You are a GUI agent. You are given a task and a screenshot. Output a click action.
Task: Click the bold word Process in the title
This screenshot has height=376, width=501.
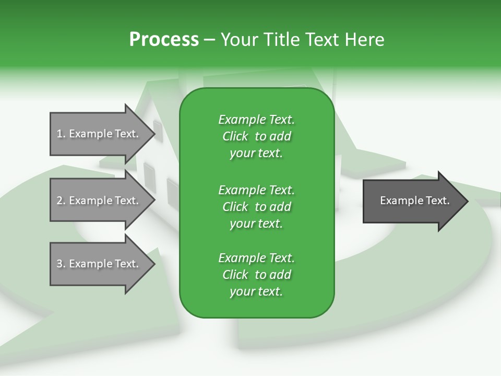click(164, 40)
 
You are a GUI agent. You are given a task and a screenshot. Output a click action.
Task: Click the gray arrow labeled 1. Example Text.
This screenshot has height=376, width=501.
click(103, 134)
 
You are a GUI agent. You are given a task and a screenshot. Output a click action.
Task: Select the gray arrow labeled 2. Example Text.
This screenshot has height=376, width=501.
click(103, 200)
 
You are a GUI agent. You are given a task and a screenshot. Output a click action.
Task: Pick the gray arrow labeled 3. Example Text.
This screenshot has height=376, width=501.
click(103, 264)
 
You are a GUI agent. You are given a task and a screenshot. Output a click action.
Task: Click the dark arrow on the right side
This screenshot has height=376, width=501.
click(416, 201)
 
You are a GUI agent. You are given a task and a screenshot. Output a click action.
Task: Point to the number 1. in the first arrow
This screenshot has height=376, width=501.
click(61, 134)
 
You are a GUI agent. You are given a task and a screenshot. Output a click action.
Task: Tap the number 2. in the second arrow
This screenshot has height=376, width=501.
click(61, 201)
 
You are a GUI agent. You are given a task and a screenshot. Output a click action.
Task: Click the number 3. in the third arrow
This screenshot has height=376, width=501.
click(61, 264)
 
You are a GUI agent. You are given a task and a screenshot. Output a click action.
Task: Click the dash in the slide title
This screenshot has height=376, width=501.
click(210, 40)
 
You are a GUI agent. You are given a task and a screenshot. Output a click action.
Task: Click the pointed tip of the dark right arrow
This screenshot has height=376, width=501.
click(468, 201)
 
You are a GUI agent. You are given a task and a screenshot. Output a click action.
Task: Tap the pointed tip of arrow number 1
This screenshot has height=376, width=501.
click(155, 134)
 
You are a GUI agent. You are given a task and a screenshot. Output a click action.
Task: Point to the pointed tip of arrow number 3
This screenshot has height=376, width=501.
click(155, 264)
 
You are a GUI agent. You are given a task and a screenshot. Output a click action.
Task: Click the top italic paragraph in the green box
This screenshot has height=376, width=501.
click(257, 136)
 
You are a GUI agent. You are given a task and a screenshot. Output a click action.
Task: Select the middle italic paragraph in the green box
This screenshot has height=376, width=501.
click(257, 207)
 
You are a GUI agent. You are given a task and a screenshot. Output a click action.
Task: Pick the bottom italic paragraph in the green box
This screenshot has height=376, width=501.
click(257, 275)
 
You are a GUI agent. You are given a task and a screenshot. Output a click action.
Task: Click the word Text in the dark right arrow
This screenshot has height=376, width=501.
click(438, 201)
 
